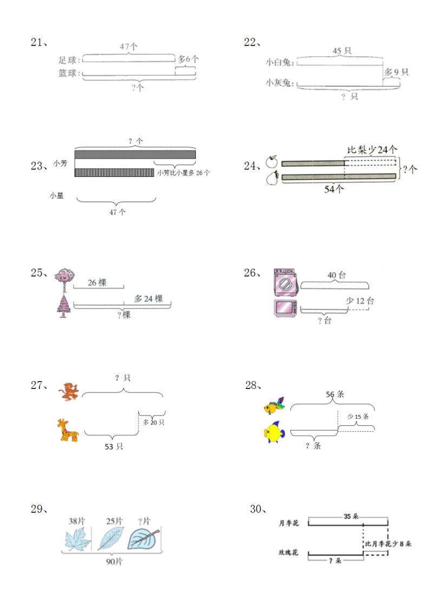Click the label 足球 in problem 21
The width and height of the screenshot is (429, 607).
(x=69, y=60)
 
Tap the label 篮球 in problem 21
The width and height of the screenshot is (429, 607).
(x=69, y=73)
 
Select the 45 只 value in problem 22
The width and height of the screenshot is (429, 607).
(x=341, y=51)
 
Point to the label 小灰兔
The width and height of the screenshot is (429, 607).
(x=279, y=83)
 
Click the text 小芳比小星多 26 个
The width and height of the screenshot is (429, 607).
(x=183, y=173)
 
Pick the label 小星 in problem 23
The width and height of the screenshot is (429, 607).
(x=56, y=196)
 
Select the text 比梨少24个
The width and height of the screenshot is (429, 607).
(x=372, y=149)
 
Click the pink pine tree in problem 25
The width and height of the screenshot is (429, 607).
(x=64, y=306)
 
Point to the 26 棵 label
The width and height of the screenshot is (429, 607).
(x=97, y=282)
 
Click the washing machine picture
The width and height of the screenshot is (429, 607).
(x=285, y=281)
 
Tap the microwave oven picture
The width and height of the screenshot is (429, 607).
(x=285, y=307)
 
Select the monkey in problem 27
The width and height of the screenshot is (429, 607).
(x=69, y=391)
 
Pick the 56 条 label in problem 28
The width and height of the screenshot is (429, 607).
(x=335, y=394)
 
